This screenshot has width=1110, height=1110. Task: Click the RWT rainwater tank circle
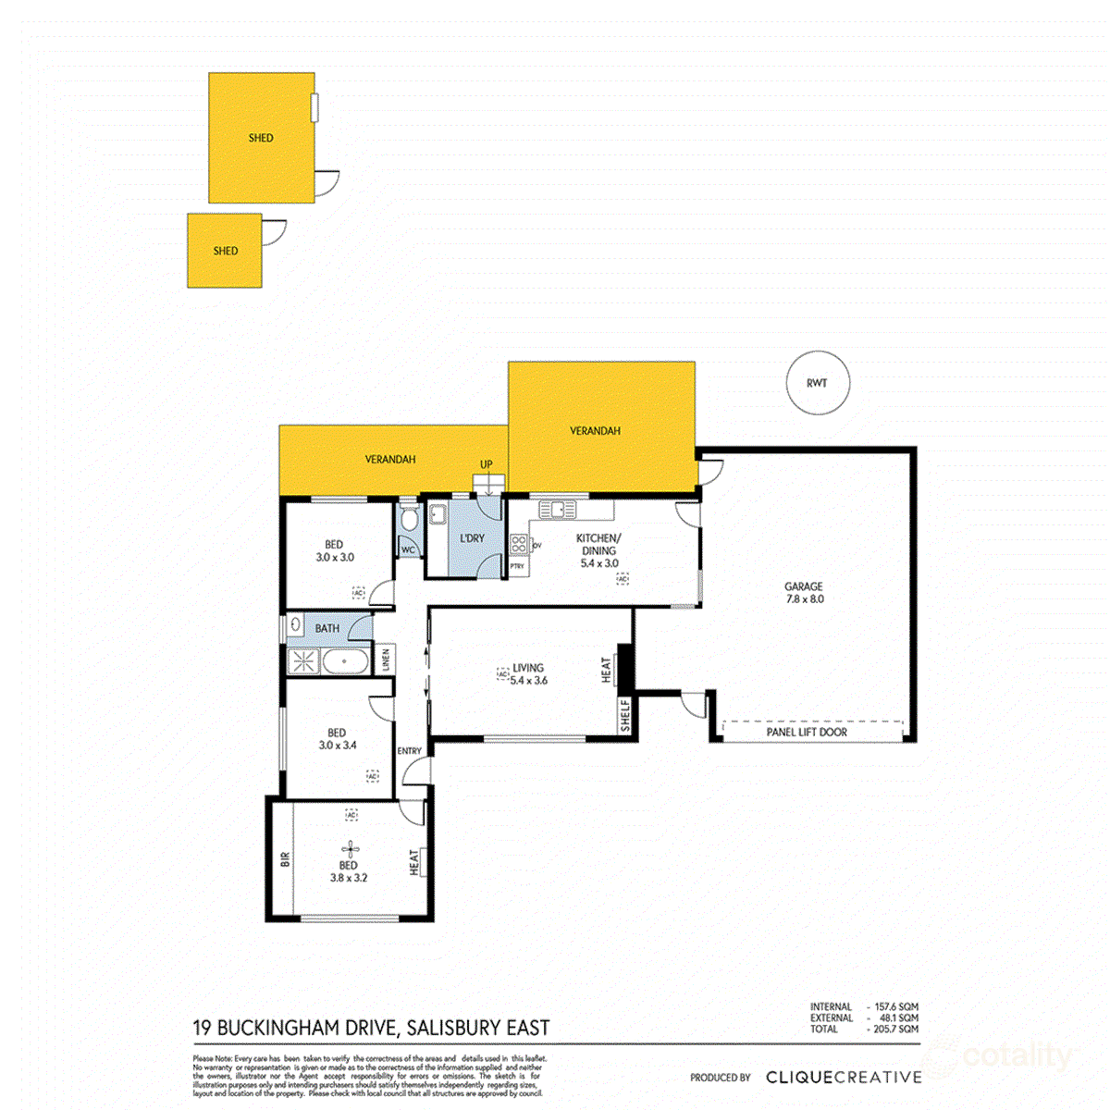(817, 383)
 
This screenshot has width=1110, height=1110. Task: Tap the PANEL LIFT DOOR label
(807, 732)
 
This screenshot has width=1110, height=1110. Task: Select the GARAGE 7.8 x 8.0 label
(804, 592)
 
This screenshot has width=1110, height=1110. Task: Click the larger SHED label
(261, 138)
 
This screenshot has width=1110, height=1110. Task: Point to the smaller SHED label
(226, 251)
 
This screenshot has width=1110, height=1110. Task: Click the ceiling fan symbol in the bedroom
(349, 847)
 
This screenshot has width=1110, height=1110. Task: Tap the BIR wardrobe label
(285, 858)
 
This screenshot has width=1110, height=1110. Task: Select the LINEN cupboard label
(386, 659)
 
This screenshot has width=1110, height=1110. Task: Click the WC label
(407, 549)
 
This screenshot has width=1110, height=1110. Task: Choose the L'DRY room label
(472, 538)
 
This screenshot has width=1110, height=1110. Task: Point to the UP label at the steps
(487, 464)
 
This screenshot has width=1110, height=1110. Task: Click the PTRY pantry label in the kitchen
(517, 566)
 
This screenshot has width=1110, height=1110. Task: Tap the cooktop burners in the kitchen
(518, 545)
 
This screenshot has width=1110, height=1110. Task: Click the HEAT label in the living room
(607, 669)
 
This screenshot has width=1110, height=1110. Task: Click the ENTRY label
(409, 751)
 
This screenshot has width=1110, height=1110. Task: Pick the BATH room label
(327, 628)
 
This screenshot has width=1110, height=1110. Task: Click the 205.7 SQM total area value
(895, 1029)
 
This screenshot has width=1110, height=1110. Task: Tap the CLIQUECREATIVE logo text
(844, 1077)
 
